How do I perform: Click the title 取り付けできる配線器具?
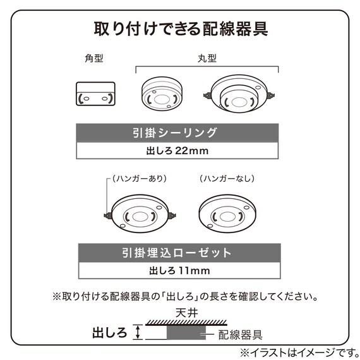(x=181, y=28)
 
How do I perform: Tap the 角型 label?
(x=94, y=58)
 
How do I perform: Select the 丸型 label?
(x=207, y=58)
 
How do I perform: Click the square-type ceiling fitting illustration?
(x=95, y=94)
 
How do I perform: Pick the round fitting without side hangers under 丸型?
(x=162, y=93)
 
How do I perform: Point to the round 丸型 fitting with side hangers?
(x=239, y=94)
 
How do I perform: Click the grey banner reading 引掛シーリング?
(x=177, y=133)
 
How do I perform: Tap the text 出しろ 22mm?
(x=177, y=151)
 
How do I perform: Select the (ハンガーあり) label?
(x=140, y=178)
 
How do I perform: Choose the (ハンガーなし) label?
(x=227, y=178)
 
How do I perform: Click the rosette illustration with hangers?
(x=140, y=213)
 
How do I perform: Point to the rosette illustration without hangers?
(x=227, y=213)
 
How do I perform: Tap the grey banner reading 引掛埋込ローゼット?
(x=179, y=253)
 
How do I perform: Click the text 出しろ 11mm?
(x=179, y=271)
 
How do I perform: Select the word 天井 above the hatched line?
(x=186, y=313)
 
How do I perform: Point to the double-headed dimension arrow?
(x=138, y=332)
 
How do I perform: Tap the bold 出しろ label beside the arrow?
(x=110, y=332)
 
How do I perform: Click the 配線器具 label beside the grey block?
(x=240, y=335)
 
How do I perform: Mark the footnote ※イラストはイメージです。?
(x=299, y=352)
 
